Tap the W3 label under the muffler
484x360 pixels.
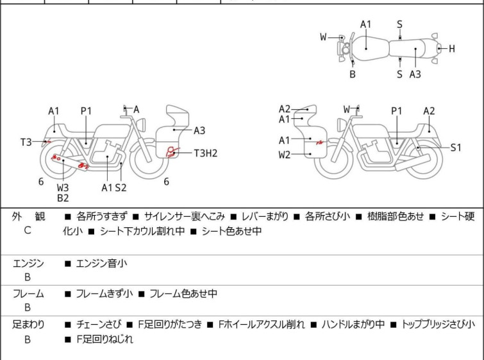click(x=63, y=187)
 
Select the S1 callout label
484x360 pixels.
click(x=455, y=147)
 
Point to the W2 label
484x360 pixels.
click(x=284, y=155)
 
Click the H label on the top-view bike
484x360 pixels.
click(x=451, y=49)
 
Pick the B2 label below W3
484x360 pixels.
click(x=63, y=198)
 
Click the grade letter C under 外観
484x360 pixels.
click(x=28, y=230)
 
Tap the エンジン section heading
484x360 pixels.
click(x=28, y=263)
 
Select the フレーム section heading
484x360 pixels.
click(x=28, y=294)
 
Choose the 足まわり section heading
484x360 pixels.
click(x=28, y=325)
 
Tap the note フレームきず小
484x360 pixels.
click(x=104, y=294)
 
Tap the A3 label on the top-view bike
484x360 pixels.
click(x=415, y=74)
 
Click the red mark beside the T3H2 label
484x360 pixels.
click(x=171, y=153)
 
